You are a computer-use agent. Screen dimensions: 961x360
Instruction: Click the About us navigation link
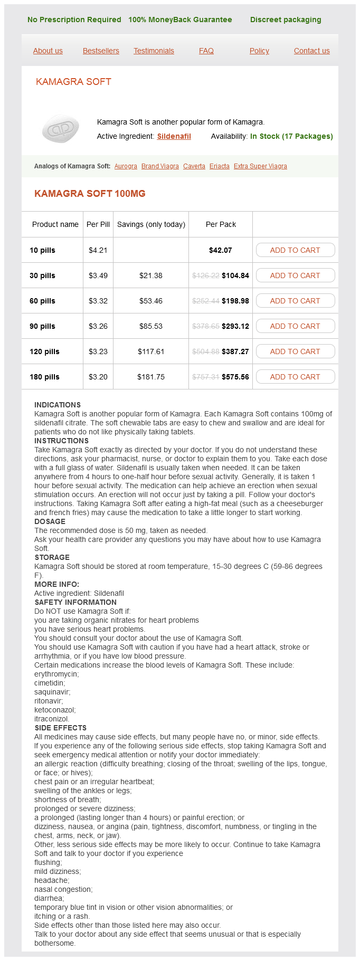tap(48, 51)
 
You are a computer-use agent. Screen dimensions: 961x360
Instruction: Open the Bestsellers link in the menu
tap(101, 51)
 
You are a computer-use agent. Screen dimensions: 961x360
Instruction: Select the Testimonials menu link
tap(154, 51)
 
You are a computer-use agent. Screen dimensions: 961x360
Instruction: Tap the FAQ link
tap(206, 51)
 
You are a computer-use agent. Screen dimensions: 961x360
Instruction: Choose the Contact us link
tap(311, 51)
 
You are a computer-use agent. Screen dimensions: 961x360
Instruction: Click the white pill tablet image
tap(61, 129)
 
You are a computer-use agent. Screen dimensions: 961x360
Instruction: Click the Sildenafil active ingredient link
tap(174, 136)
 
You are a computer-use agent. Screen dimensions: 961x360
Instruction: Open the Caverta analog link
tap(194, 166)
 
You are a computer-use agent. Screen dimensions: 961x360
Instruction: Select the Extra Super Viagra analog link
tap(260, 166)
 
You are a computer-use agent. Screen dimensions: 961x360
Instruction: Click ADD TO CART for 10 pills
tap(295, 250)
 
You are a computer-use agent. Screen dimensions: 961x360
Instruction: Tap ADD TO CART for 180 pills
tap(295, 377)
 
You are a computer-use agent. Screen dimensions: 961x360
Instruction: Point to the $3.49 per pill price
tap(98, 275)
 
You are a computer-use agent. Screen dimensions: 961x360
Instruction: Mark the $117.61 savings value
tap(151, 351)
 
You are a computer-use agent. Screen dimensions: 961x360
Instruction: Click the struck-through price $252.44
tap(206, 301)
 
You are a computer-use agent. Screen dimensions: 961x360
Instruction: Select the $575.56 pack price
tap(235, 377)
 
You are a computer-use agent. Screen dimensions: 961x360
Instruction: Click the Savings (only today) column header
tap(151, 224)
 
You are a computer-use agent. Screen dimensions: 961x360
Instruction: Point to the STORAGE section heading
tap(52, 557)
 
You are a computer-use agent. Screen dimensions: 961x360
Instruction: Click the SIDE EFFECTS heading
tap(60, 728)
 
